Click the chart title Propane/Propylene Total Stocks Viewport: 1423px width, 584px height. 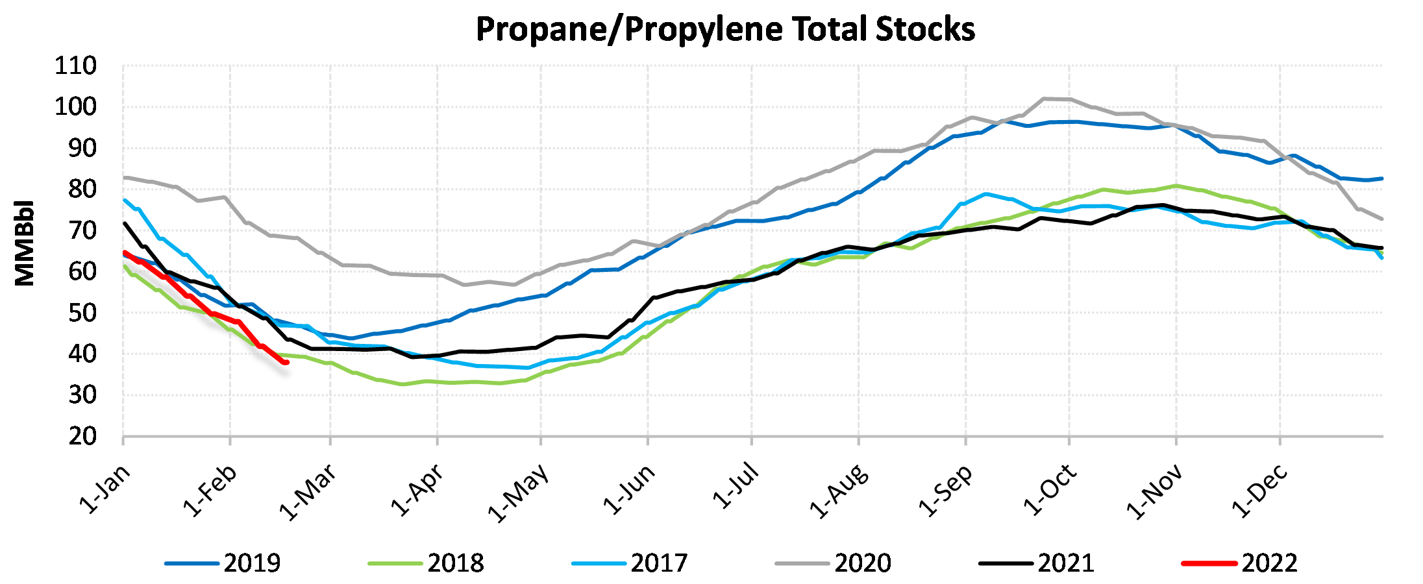coord(725,29)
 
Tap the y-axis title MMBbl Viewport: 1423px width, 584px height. coord(25,243)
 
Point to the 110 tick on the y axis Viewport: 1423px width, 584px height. coord(75,66)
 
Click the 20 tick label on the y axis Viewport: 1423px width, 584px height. coord(82,437)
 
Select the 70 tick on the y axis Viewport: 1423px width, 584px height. coord(82,230)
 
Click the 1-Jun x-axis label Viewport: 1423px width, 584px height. coord(629,490)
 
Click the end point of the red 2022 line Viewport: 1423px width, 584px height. coord(286,362)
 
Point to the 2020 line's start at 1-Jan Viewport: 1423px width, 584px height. coord(125,177)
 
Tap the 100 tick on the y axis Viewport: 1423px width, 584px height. coord(75,106)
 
